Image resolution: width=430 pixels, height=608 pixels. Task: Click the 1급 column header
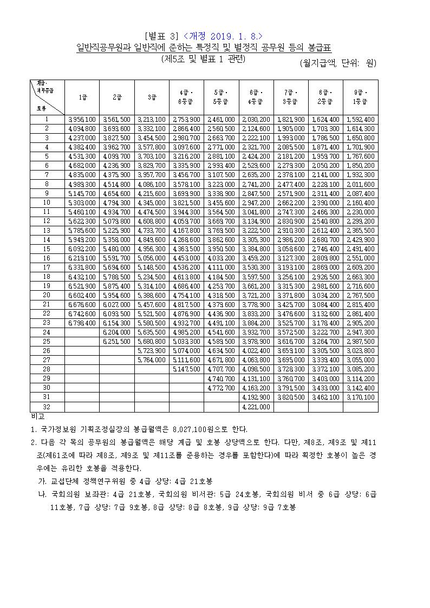pyautogui.click(x=82, y=97)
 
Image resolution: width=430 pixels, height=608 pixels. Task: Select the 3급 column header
pyautogui.click(x=152, y=97)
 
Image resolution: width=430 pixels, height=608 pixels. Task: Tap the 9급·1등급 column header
pyautogui.click(x=360, y=97)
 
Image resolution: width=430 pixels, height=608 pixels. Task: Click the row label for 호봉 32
pyautogui.click(x=47, y=407)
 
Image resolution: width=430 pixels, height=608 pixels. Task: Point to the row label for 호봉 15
pyautogui.click(x=47, y=249)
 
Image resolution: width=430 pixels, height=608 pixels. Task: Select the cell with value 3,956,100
pyautogui.click(x=82, y=119)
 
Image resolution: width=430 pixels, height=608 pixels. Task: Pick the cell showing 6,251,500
pyautogui.click(x=117, y=342)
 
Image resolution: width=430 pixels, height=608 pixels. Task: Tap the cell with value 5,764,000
pyautogui.click(x=152, y=360)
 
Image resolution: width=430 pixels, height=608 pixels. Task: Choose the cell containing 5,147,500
pyautogui.click(x=186, y=369)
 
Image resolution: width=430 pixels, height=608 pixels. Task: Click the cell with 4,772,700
pyautogui.click(x=221, y=388)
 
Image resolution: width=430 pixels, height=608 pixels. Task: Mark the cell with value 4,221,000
pyautogui.click(x=256, y=407)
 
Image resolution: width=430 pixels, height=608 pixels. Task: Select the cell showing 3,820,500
pyautogui.click(x=291, y=397)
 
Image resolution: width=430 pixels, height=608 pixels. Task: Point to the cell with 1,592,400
pyautogui.click(x=360, y=119)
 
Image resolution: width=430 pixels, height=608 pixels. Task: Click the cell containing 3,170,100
pyautogui.click(x=360, y=397)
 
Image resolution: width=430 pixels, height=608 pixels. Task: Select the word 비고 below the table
pyautogui.click(x=38, y=417)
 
